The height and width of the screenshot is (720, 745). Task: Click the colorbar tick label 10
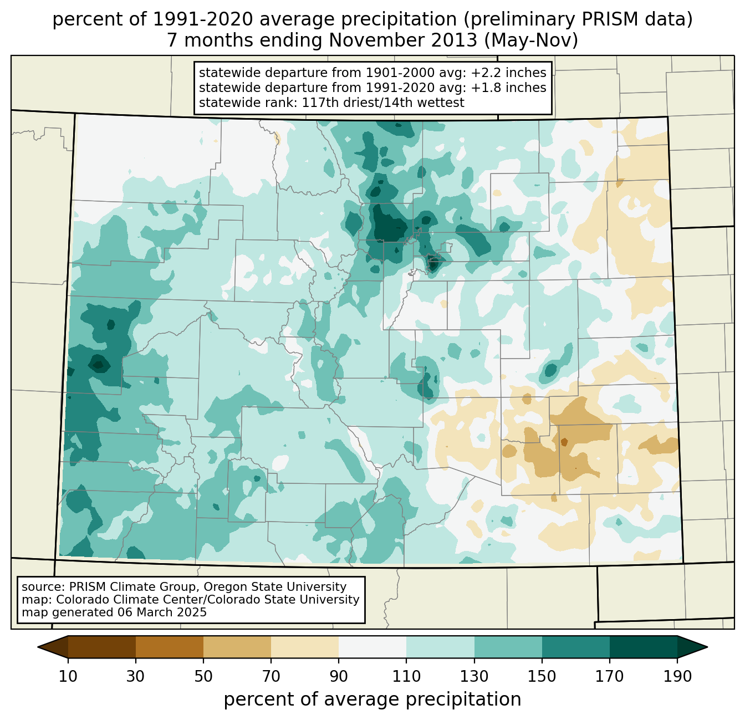click(x=68, y=677)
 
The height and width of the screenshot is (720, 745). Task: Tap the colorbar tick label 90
click(x=339, y=677)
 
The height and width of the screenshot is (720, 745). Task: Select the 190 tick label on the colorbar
click(x=677, y=677)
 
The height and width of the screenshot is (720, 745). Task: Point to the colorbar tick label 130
click(x=474, y=677)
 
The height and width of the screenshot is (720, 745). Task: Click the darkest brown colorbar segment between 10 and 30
click(x=102, y=647)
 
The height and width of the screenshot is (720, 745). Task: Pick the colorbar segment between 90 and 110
click(x=372, y=647)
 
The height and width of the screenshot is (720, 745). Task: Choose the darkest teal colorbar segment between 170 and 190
click(x=643, y=647)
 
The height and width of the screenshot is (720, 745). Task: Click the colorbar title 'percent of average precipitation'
click(x=372, y=699)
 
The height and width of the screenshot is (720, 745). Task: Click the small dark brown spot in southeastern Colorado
click(x=564, y=442)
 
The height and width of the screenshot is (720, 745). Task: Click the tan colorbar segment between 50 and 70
click(x=237, y=647)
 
